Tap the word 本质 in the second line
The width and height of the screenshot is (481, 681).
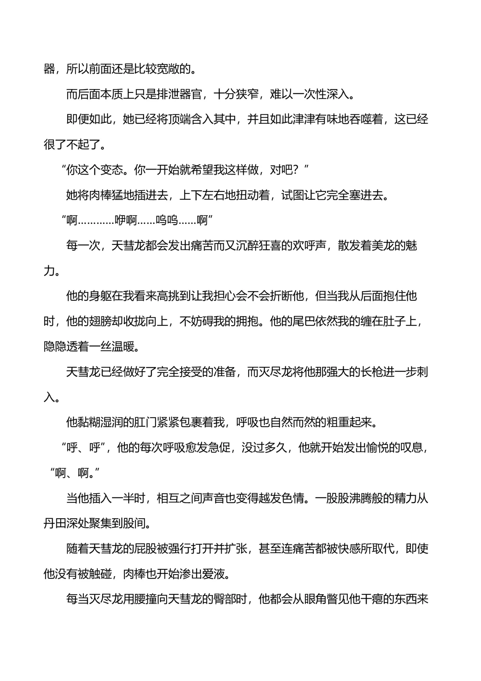(x=112, y=94)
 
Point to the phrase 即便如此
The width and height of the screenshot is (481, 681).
(x=89, y=120)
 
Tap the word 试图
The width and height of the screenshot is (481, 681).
(x=293, y=195)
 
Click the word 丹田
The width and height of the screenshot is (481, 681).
(x=55, y=523)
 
